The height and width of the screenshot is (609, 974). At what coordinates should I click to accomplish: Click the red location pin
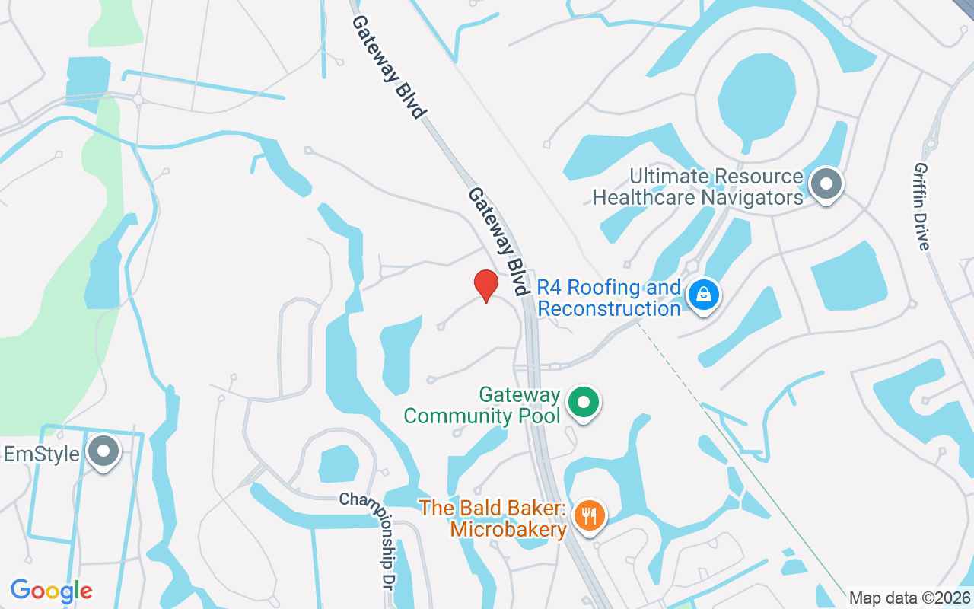(x=486, y=285)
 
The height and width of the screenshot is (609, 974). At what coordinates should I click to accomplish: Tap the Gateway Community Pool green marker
(x=584, y=403)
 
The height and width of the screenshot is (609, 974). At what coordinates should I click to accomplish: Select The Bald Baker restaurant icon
(x=588, y=516)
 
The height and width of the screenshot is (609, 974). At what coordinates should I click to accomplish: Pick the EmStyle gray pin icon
(x=102, y=452)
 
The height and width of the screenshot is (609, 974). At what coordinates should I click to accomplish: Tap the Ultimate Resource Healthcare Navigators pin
(x=825, y=184)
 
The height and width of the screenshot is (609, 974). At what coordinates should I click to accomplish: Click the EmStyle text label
(x=42, y=454)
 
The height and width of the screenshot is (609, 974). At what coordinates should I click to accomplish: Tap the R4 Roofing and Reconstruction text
(x=609, y=298)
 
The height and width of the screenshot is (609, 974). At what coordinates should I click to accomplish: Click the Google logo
(x=51, y=591)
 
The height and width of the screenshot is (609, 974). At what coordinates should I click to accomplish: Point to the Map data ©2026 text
(x=909, y=598)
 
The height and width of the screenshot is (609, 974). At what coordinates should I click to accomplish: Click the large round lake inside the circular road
(x=756, y=95)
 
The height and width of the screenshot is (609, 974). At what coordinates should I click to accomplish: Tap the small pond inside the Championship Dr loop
(x=338, y=463)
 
